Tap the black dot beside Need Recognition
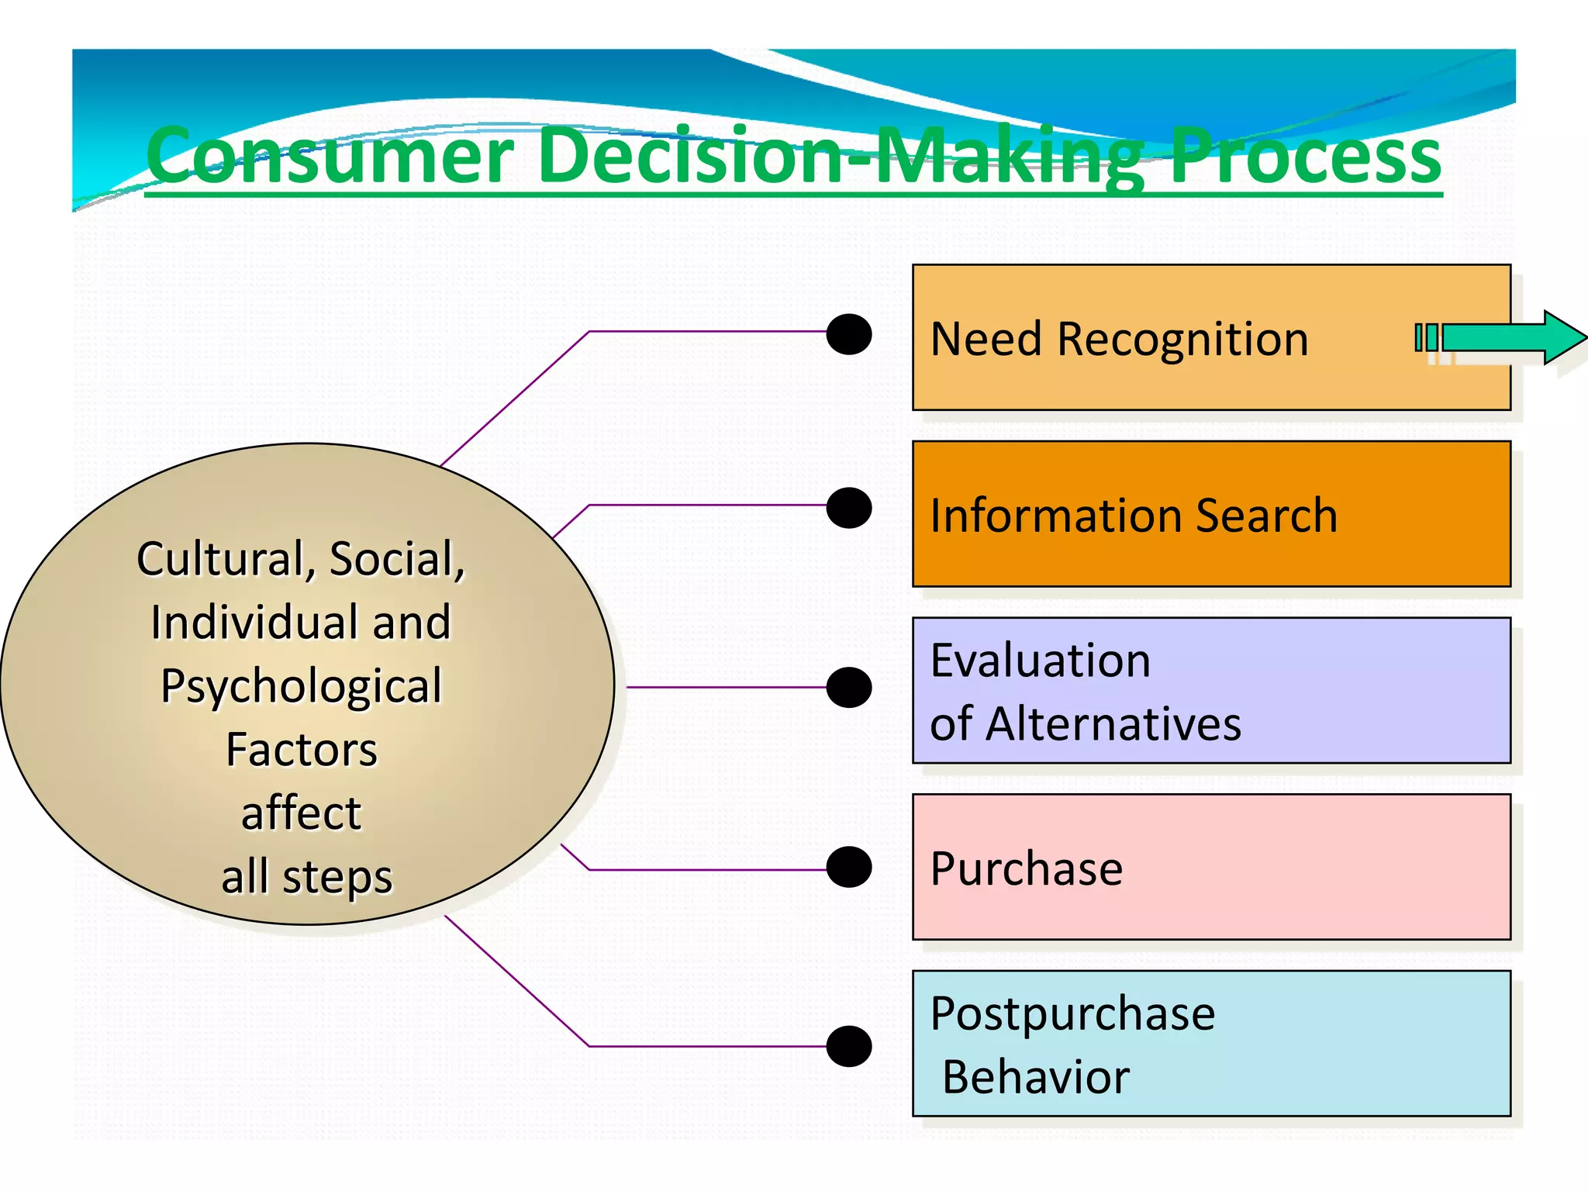849,334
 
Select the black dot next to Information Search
849,508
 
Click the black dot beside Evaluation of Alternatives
849,687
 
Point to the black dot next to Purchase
849,867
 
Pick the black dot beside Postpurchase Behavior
849,1046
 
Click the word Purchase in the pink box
1026,868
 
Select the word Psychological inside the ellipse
301,686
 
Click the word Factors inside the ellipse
301,750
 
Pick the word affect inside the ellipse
301,813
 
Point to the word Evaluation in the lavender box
1040,661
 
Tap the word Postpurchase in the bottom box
1072,1014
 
